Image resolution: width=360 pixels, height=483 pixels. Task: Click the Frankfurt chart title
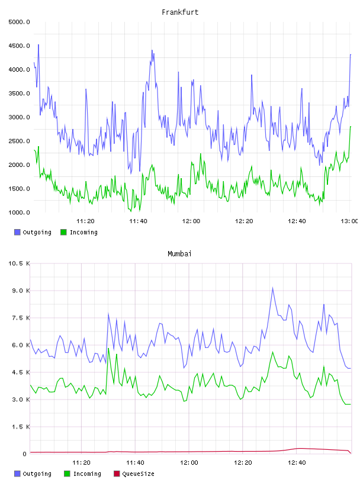(180, 12)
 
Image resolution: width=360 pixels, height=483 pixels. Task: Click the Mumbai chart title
(179, 254)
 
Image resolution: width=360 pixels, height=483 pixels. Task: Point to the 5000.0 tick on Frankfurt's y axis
(19, 22)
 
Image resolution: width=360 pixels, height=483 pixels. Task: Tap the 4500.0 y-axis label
(19, 46)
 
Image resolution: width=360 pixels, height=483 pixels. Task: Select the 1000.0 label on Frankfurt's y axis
(19, 212)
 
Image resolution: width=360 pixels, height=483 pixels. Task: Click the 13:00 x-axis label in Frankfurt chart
(349, 221)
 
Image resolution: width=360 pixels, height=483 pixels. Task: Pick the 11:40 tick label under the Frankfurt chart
(138, 221)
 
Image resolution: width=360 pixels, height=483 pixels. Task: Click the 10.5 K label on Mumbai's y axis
(19, 263)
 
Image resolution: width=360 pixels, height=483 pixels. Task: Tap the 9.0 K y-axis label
(21, 291)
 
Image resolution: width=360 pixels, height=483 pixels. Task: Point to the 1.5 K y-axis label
(21, 427)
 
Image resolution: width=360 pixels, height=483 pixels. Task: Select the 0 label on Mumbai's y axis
(24, 454)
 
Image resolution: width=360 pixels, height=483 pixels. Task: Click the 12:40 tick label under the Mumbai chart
(297, 463)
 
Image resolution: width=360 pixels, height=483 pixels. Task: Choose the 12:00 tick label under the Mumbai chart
(189, 463)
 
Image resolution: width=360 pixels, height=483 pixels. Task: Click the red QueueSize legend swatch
(117, 474)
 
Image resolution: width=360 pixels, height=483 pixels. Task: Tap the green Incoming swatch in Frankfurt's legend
(63, 232)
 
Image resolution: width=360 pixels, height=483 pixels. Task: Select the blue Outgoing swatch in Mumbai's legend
(17, 474)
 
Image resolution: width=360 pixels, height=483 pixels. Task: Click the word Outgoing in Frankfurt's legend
(37, 233)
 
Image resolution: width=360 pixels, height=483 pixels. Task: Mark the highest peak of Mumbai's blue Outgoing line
(273, 288)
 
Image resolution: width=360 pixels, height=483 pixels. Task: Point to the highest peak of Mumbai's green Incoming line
(108, 349)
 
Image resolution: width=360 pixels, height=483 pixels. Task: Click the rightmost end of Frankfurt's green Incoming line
(351, 127)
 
